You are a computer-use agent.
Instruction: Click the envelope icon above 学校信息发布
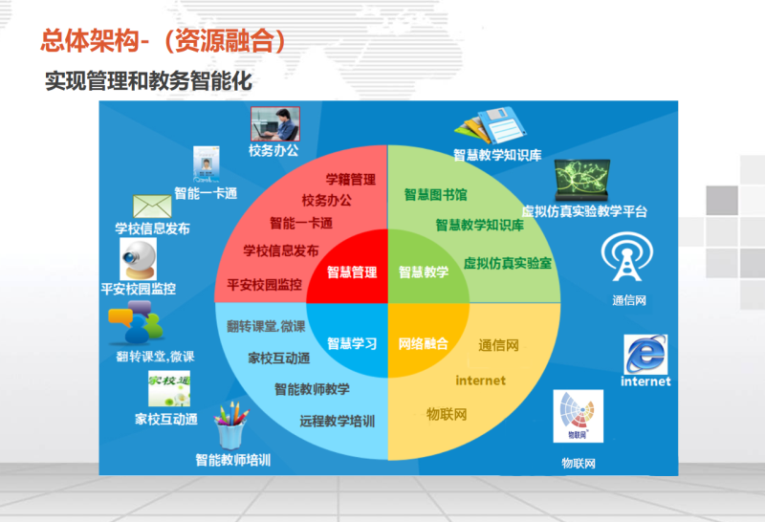[x=152, y=207]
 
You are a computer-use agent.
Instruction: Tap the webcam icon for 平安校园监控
[x=138, y=259]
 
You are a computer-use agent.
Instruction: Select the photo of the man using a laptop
[x=275, y=124]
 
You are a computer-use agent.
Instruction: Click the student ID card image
[x=207, y=163]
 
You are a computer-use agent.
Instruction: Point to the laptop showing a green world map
[x=582, y=180]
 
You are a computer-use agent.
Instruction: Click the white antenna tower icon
[x=627, y=256]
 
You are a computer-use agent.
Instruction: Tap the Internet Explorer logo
[x=645, y=354]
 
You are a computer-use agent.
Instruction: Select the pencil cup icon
[x=231, y=425]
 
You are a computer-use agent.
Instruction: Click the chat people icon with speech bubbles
[x=136, y=322]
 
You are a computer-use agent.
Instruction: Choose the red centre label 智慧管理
[x=352, y=272]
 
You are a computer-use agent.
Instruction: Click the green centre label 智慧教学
[x=424, y=272]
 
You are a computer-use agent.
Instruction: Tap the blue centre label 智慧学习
[x=352, y=343]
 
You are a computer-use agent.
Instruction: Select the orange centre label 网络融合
[x=424, y=343]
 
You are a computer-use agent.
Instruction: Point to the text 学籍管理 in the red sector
[x=351, y=180]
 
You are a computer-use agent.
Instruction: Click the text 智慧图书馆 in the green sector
[x=436, y=195]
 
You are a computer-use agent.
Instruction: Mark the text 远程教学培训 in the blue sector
[x=338, y=421]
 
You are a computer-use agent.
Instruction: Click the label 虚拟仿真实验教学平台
[x=584, y=211]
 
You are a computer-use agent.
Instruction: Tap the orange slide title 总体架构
[x=90, y=40]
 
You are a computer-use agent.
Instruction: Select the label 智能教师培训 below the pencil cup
[x=233, y=460]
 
